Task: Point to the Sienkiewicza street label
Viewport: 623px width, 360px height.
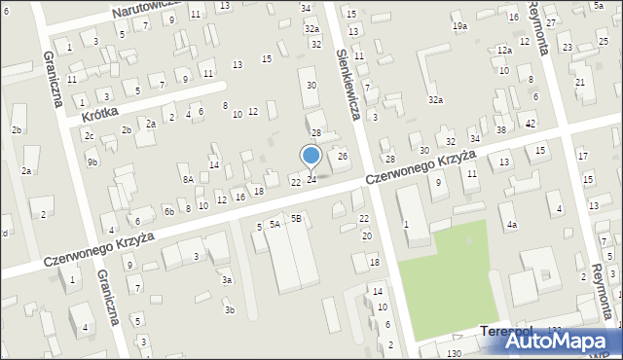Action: pyautogui.click(x=348, y=85)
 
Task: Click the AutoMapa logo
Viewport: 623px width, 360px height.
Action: pyautogui.click(x=564, y=342)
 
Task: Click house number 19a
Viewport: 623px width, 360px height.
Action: pyautogui.click(x=459, y=26)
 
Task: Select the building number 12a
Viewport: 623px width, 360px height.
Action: pyautogui.click(x=503, y=50)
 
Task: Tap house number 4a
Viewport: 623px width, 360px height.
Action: pyautogui.click(x=511, y=225)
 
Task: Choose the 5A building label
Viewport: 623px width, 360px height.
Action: pyautogui.click(x=275, y=224)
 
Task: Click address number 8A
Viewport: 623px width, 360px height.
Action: pyautogui.click(x=188, y=179)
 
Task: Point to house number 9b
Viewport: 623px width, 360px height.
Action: pyautogui.click(x=92, y=162)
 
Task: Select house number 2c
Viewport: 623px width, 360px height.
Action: pyautogui.click(x=89, y=135)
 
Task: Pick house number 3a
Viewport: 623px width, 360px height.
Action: pyautogui.click(x=226, y=279)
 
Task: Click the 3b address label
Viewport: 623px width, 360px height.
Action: pyautogui.click(x=230, y=310)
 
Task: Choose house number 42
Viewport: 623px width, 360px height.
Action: pyautogui.click(x=531, y=124)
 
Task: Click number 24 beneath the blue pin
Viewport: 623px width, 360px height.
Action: pyautogui.click(x=311, y=179)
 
